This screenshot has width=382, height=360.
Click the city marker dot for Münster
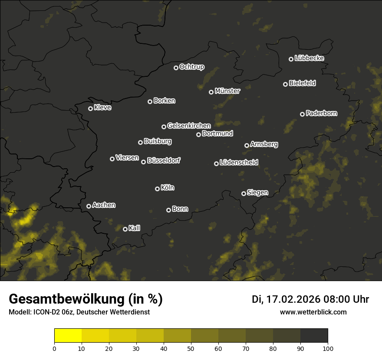point(211,92)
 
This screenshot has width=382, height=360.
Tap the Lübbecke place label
point(309,58)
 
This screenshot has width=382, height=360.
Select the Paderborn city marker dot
point(302,114)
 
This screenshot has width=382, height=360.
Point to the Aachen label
point(104,205)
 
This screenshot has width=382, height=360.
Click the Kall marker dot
point(125,229)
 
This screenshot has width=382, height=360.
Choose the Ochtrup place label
point(191,67)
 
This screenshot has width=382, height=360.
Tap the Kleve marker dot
point(90,108)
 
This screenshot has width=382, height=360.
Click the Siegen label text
point(257,193)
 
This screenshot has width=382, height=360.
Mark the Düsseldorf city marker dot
point(143,162)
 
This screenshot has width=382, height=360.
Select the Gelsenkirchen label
point(189,126)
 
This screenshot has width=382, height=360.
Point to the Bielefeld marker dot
point(285,84)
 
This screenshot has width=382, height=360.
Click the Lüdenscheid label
point(239,163)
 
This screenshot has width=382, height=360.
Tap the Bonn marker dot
point(168,210)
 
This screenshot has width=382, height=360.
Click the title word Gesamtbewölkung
point(65,299)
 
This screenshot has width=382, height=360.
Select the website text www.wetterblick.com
point(313,312)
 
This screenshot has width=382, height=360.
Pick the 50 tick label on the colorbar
point(191,348)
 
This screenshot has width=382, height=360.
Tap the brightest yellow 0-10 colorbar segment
point(68,336)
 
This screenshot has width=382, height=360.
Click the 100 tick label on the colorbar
point(328,348)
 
